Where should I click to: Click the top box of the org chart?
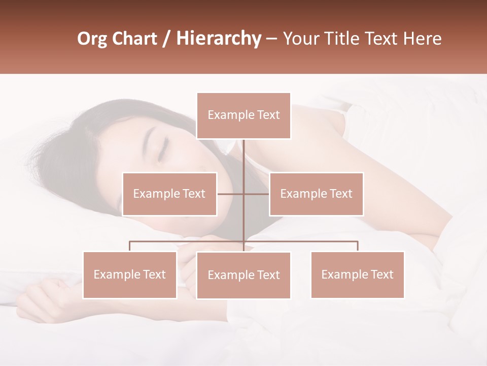coord(243,115)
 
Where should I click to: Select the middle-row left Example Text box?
coord(169,194)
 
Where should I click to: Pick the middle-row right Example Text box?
coord(316,194)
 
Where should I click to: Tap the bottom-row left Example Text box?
coord(130,275)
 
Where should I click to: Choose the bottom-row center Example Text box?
coord(243,276)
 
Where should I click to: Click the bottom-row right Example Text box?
coord(357,275)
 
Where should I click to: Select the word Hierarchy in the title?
coord(218,39)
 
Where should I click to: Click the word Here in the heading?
coord(422,39)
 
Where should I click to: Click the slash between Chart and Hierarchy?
coord(167,39)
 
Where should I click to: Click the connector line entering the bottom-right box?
coord(358,246)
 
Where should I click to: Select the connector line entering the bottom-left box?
coord(130,246)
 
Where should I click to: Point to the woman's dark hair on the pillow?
coord(86,152)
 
